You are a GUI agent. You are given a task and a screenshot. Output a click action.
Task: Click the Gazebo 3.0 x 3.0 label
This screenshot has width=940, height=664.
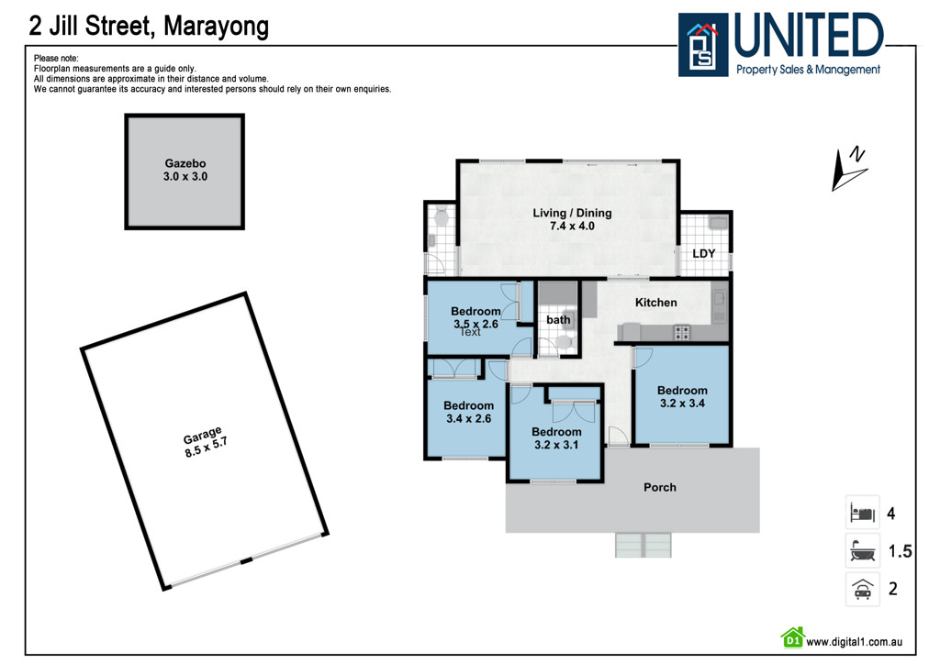[x=186, y=170]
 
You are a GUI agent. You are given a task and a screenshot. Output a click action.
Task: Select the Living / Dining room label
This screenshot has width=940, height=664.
[x=572, y=219]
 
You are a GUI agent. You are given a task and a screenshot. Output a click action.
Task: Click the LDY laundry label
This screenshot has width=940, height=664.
[x=703, y=254]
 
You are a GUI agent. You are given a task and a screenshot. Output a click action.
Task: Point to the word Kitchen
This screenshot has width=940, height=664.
[x=656, y=303]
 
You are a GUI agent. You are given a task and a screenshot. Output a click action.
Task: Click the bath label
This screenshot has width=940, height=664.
[x=558, y=320]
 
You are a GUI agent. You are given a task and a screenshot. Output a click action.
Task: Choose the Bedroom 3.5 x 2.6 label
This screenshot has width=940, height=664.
[x=476, y=317]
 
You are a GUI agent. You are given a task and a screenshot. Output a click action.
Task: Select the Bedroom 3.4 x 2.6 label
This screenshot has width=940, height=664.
[x=468, y=412]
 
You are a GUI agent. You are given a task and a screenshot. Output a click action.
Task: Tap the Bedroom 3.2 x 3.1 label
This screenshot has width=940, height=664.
[x=556, y=438]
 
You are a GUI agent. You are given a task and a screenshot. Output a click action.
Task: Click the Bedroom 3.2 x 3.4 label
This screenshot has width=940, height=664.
[x=682, y=396]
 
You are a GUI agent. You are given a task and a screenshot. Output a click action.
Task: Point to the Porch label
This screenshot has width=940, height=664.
[x=659, y=487]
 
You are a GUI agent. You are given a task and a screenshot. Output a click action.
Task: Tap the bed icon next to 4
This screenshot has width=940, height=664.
[x=862, y=513]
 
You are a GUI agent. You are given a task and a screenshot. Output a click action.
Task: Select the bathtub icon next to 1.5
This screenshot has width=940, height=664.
[x=862, y=552]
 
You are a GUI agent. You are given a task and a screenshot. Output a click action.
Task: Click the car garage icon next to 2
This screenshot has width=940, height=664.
[x=862, y=588]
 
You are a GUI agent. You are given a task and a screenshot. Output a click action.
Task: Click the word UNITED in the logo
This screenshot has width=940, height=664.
[x=808, y=37]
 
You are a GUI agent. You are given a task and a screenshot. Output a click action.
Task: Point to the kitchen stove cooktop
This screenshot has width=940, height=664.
[x=683, y=332]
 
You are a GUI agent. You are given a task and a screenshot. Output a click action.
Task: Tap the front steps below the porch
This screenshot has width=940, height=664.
[x=644, y=545]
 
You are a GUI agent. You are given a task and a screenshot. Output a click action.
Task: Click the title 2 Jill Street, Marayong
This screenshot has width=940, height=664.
[x=150, y=26]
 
